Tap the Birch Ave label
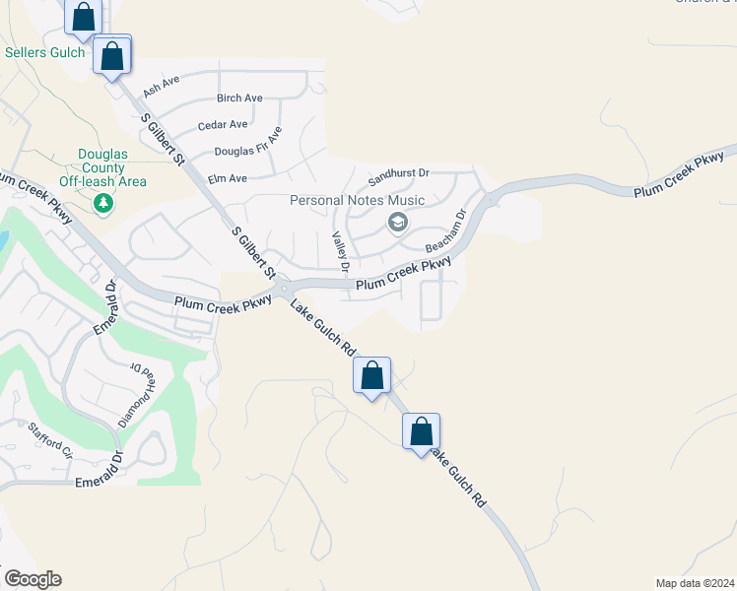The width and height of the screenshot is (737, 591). point(239,98)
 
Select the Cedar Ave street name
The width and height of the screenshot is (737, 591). point(223,125)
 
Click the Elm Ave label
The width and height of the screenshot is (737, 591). point(227,179)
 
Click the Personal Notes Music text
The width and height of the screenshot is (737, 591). point(357,201)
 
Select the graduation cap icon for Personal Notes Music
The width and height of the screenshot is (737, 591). point(397,223)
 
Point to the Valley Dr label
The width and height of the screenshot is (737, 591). point(340,252)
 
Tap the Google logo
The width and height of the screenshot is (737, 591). point(33,579)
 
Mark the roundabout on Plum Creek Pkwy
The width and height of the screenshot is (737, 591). point(283,288)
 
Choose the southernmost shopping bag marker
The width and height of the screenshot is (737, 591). point(421,431)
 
